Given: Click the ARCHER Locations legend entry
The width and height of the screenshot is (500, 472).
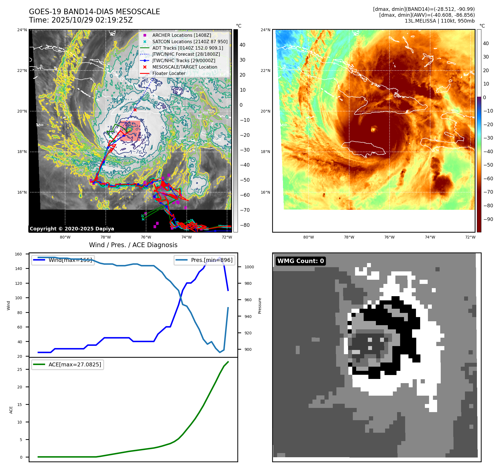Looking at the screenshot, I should (x=181, y=35).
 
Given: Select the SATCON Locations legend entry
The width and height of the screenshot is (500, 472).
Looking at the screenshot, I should (x=190, y=42).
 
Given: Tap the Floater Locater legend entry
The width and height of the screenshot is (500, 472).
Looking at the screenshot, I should (x=169, y=74).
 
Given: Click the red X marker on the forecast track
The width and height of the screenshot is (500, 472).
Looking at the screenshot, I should (x=135, y=110).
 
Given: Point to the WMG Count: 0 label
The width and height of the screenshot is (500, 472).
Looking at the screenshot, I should (x=301, y=261).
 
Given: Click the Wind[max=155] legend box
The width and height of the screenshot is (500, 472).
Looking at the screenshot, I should (x=63, y=260).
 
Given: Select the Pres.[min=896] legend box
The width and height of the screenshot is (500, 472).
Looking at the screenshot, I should (x=204, y=260).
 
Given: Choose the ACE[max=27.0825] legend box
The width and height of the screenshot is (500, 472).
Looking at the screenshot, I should (x=68, y=365).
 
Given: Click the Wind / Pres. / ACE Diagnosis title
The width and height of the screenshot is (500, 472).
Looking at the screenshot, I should (x=133, y=245).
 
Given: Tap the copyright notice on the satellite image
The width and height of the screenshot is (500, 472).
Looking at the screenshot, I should (x=72, y=229).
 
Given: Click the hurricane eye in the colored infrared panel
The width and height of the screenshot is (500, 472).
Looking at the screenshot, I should (x=373, y=129).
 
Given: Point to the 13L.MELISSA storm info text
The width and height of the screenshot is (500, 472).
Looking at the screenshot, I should (x=439, y=21).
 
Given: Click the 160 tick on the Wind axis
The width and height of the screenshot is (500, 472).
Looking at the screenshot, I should (x=18, y=254).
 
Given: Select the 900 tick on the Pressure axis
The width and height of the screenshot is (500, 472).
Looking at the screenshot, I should (x=248, y=349).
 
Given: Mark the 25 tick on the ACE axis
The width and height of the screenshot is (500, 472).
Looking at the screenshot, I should (x=19, y=369).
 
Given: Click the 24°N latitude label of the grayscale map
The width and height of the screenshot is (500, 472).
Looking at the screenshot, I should (x=22, y=30).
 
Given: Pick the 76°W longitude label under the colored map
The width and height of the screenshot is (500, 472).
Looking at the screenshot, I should (x=389, y=237).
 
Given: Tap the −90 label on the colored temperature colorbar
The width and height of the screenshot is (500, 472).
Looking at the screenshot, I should (x=488, y=219).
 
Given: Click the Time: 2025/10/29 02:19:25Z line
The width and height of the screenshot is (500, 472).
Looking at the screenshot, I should (x=81, y=20).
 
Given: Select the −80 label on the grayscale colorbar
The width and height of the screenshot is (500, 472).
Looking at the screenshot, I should (x=245, y=225).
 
